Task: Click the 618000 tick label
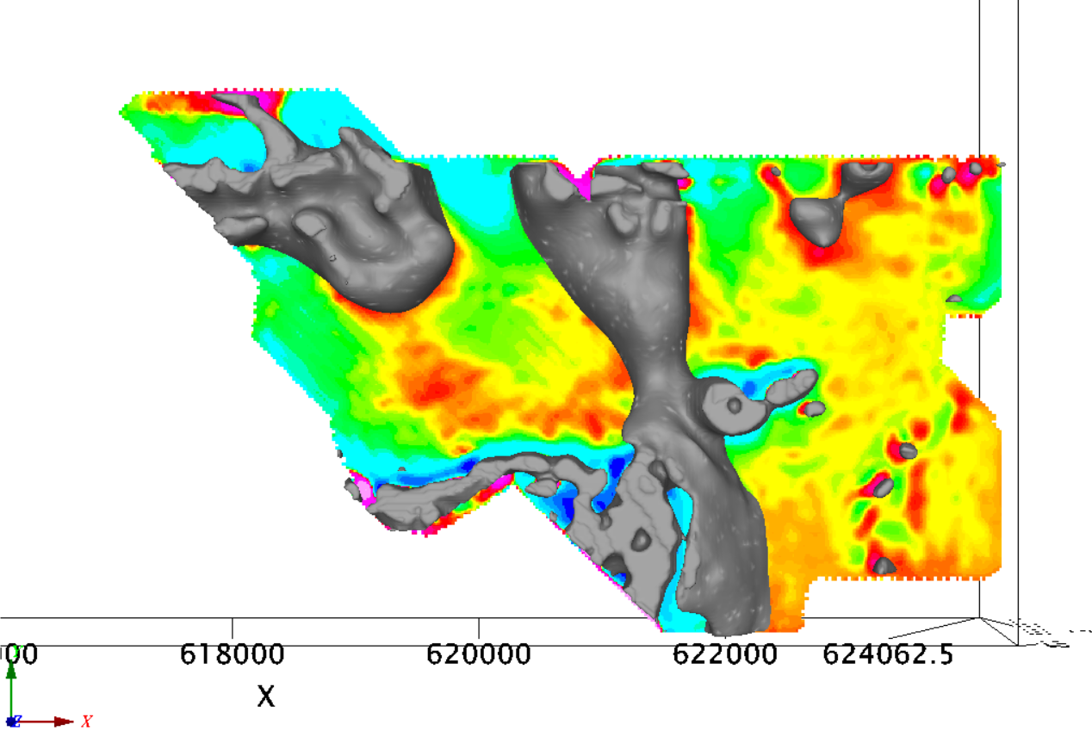233,654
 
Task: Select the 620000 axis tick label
479,654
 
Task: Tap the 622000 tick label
725,654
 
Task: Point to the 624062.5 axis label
887,654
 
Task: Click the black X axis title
266,695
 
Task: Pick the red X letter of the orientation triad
86,720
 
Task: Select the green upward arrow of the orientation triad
11,689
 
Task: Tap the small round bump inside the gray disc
735,404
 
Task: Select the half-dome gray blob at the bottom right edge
884,566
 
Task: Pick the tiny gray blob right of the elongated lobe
815,408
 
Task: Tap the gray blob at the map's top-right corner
976,167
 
